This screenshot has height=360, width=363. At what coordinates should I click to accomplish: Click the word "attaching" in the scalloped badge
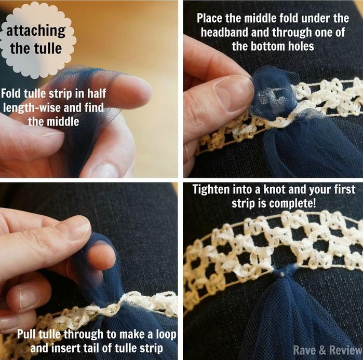36,31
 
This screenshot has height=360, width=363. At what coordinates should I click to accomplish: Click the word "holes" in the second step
301,46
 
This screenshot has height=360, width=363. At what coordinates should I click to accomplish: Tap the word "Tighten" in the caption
211,189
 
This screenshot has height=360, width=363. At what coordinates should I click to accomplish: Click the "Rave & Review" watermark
327,350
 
